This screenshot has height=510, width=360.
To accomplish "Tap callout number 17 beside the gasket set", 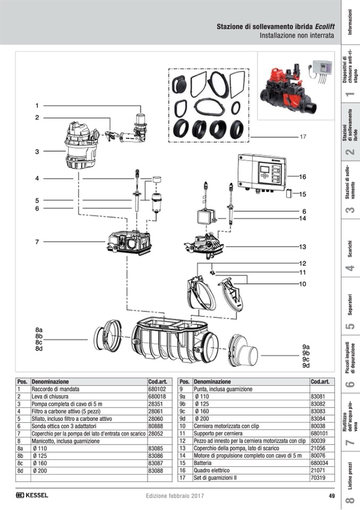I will (303, 137).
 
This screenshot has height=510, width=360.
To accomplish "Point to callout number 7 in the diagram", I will (37, 242).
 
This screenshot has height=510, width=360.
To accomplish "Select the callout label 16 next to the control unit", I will (303, 177).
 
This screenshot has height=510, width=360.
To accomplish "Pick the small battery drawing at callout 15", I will (289, 194).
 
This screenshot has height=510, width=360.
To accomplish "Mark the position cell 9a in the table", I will (182, 397).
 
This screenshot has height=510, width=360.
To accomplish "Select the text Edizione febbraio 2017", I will (175, 496).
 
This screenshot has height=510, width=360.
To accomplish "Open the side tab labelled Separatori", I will (349, 314).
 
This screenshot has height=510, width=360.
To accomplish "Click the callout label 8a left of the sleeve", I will (39, 330).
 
